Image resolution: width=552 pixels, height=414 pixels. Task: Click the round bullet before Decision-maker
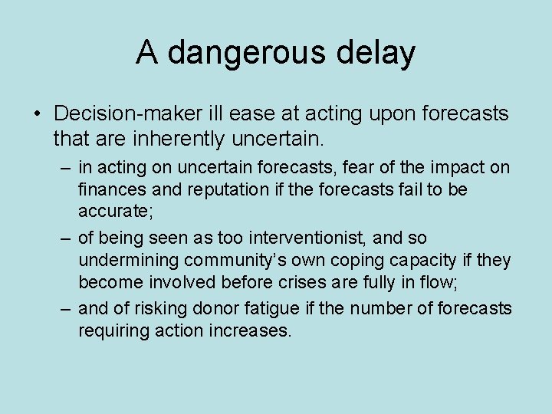coord(37,114)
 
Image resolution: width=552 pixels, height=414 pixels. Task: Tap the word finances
coord(110,189)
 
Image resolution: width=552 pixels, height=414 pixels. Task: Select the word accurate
coord(113,210)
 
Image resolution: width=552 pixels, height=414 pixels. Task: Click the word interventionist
coord(301,238)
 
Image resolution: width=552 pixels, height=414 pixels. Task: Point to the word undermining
coord(127,260)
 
